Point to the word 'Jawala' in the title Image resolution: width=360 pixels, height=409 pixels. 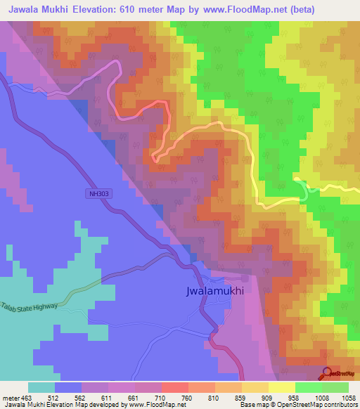[25, 9]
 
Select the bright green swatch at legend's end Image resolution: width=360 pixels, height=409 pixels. [335, 387]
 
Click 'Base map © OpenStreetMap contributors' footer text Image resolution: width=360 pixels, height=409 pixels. [297, 405]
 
